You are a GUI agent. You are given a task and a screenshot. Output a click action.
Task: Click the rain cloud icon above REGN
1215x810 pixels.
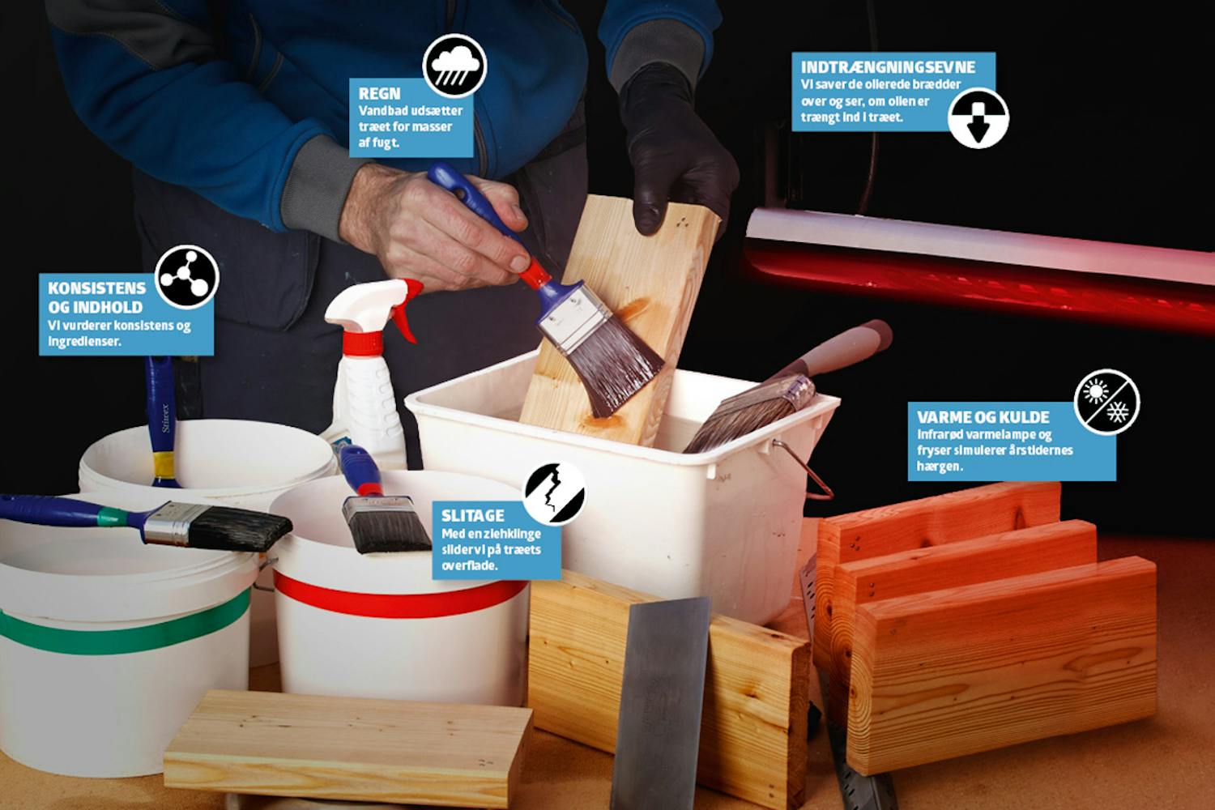[x=454, y=66]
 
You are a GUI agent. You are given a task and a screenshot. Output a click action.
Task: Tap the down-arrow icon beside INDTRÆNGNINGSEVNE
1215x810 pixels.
[x=978, y=117]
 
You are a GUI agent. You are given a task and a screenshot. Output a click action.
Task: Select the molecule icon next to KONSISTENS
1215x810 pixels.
[x=186, y=277]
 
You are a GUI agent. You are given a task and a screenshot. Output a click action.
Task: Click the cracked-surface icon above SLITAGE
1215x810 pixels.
[x=554, y=493]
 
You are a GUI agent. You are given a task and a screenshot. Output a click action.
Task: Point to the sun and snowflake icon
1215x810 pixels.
[x=1106, y=402]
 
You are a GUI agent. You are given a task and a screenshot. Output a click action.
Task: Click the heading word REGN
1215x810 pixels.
[x=380, y=93]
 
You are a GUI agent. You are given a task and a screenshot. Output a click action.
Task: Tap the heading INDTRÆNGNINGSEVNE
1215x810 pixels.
[x=888, y=67]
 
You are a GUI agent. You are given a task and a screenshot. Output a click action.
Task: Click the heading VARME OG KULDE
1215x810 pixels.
[x=983, y=417]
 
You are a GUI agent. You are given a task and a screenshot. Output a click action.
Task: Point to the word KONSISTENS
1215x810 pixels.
[x=97, y=288]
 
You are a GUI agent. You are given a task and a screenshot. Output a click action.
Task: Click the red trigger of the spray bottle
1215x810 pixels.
[x=407, y=309]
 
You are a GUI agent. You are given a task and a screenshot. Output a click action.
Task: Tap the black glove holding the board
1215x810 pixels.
[x=676, y=149]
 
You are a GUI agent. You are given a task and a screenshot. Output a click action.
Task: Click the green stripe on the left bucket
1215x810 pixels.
[x=125, y=629]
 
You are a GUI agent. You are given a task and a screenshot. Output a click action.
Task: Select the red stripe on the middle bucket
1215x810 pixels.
[x=399, y=598]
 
